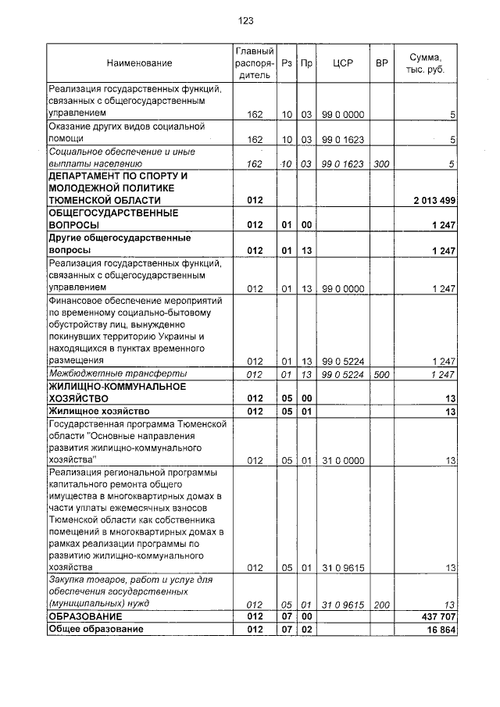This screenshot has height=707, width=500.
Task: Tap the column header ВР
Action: [x=382, y=62]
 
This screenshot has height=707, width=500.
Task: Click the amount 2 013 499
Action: [x=434, y=201]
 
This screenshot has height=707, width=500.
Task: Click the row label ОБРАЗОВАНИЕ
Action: [x=87, y=616]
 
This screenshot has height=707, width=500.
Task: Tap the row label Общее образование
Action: [x=96, y=629]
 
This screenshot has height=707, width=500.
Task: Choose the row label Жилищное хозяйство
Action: [x=99, y=410]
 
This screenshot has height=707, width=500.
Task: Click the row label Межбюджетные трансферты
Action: [x=112, y=374]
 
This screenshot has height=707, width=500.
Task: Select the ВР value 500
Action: [x=381, y=375]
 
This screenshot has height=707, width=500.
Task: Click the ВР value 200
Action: [x=381, y=604]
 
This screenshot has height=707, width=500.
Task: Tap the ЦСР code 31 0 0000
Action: [x=343, y=461]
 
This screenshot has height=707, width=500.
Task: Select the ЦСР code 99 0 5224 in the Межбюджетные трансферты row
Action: [x=343, y=375]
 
